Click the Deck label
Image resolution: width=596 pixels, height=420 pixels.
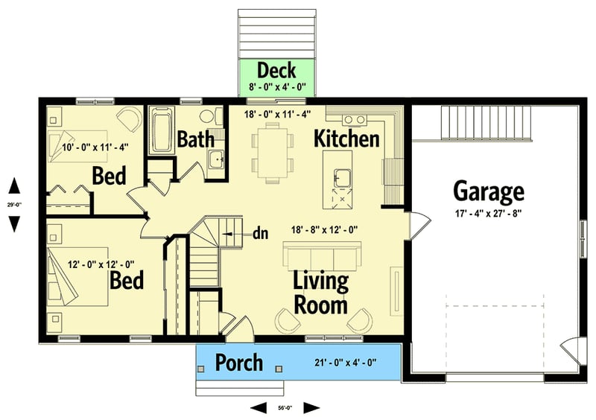(276, 71)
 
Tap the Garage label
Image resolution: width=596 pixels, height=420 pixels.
(488, 192)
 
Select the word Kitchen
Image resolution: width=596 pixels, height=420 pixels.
(346, 138)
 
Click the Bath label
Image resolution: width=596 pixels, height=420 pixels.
(195, 139)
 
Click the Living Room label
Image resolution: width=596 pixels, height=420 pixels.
(320, 293)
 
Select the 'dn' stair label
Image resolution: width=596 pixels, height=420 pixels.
(260, 233)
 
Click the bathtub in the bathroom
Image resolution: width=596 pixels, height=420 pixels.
(161, 131)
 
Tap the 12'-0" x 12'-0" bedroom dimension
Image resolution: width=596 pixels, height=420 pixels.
(101, 263)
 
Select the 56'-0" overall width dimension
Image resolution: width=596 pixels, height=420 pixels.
(285, 407)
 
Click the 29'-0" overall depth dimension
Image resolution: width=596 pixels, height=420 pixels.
(14, 203)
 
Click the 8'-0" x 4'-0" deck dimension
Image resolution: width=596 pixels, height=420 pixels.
(276, 86)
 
